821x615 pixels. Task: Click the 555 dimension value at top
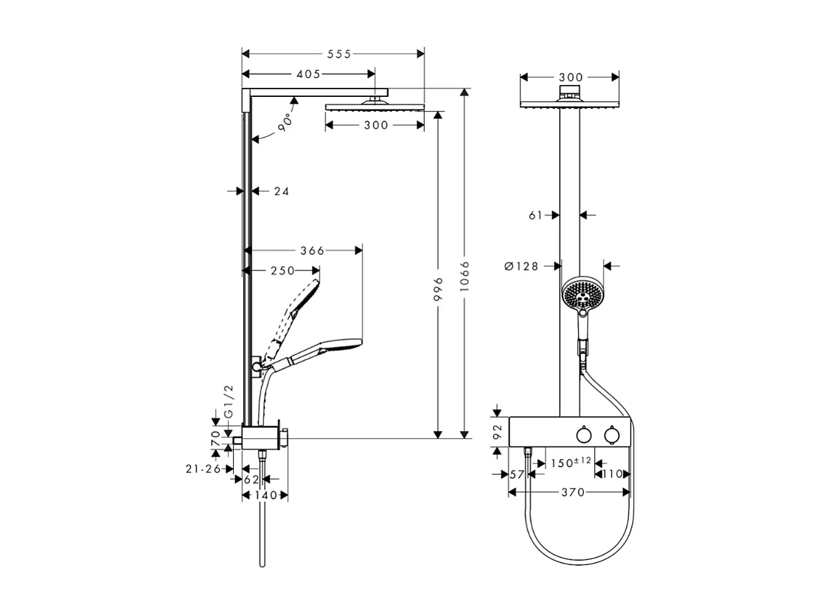coord(338,54)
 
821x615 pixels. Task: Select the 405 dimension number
coord(308,74)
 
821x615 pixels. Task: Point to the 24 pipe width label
coord(281,190)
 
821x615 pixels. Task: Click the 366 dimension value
coord(312,251)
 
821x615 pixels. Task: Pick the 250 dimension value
coord(282,270)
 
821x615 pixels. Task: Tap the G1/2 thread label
coord(227,402)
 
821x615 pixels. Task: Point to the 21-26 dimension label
coord(204,468)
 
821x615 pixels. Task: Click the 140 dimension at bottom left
coord(265,495)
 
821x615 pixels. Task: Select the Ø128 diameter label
coord(521,266)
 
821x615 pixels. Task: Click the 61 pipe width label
coord(536,216)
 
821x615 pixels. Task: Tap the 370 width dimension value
coord(572,493)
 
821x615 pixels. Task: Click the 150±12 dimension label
coord(570,463)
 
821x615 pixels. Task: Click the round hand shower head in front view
coord(582,294)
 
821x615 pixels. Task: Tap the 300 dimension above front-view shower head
coord(570,77)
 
